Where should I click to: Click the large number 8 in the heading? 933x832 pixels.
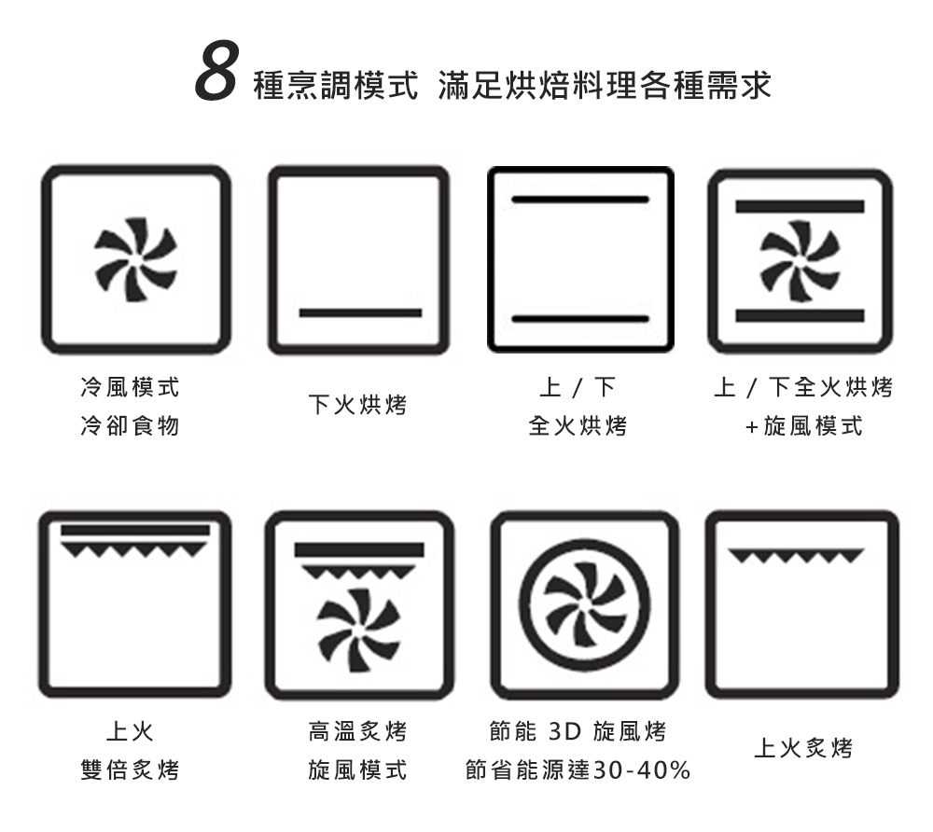point(217,72)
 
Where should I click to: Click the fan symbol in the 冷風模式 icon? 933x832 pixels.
point(135,260)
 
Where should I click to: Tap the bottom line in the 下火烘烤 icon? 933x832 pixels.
point(360,312)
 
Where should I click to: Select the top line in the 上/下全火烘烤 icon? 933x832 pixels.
point(580,200)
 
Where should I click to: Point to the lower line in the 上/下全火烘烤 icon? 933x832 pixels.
point(580,319)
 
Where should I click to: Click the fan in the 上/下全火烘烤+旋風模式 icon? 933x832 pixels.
point(800,260)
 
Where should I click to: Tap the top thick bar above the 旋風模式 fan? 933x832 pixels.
point(800,206)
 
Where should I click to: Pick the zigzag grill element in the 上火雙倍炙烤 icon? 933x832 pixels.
point(135,541)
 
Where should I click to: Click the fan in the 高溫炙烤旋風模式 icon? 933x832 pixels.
point(359,630)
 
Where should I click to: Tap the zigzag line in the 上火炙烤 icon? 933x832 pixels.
point(796,556)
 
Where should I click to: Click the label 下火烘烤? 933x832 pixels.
point(357,405)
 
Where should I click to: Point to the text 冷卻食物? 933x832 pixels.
point(130,426)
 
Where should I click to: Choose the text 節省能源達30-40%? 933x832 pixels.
point(578,770)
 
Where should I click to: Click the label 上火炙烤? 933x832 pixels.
point(803,747)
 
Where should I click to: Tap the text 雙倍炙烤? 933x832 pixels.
point(130,770)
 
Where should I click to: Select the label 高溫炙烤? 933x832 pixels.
point(357,731)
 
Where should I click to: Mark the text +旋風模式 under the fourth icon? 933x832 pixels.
point(803,426)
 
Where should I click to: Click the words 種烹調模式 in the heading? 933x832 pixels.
point(336,85)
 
